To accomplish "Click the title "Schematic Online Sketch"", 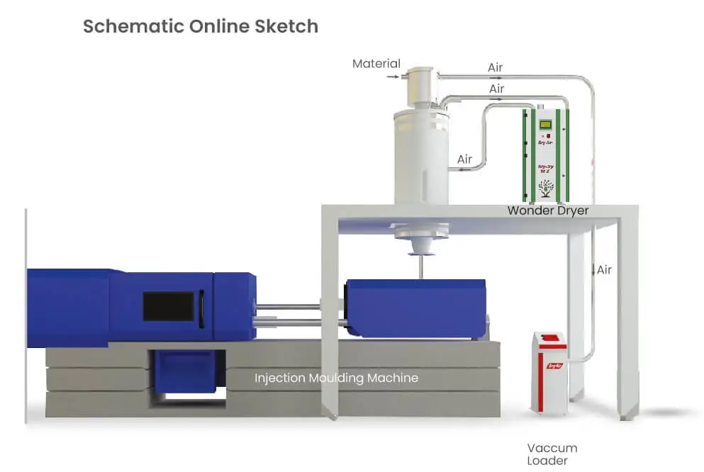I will pyautogui.click(x=201, y=27).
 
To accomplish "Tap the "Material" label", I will pyautogui.click(x=376, y=64).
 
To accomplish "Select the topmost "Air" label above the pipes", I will pyautogui.click(x=496, y=68).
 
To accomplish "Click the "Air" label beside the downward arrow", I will pyautogui.click(x=604, y=270).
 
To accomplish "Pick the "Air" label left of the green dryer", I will pyautogui.click(x=464, y=159).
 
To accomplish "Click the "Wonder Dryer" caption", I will pyautogui.click(x=547, y=210).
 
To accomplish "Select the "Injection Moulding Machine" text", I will pyautogui.click(x=336, y=378).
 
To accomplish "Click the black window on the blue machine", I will pyautogui.click(x=168, y=306).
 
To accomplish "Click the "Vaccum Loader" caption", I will pyautogui.click(x=552, y=454).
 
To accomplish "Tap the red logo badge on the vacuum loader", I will pyautogui.click(x=554, y=366).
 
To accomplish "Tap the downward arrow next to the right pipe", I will pyautogui.click(x=593, y=270).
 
